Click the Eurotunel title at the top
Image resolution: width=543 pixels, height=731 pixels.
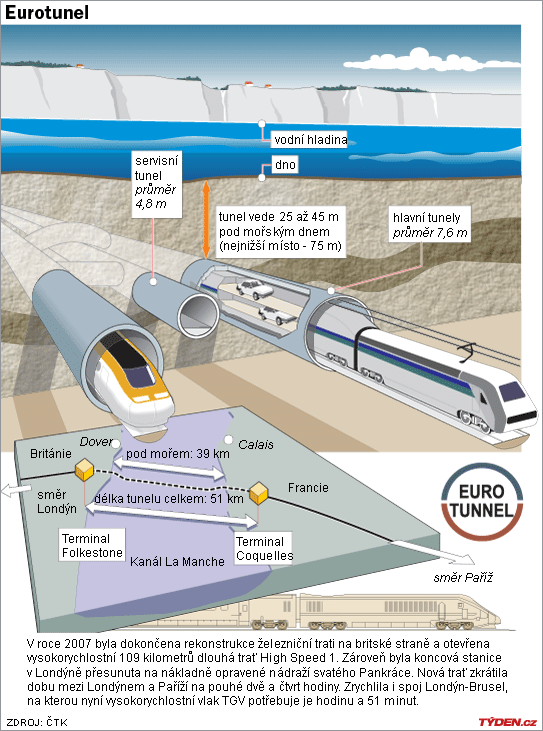click(47, 13)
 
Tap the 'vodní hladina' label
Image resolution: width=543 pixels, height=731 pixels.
click(310, 139)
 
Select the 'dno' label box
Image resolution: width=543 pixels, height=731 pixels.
click(285, 165)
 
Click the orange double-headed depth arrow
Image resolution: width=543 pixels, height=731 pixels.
click(206, 219)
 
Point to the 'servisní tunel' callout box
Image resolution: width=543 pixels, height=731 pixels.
click(156, 183)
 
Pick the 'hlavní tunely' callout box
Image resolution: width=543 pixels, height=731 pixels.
click(429, 225)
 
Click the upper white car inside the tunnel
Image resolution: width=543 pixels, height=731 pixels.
click(254, 289)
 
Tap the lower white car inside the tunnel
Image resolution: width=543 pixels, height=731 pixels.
click(277, 316)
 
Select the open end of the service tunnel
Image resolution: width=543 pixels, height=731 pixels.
click(199, 316)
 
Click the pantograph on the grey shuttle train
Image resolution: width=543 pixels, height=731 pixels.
click(467, 353)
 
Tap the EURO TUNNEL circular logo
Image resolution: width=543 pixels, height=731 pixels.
click(482, 502)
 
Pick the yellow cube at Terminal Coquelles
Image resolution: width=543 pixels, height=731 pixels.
click(258, 493)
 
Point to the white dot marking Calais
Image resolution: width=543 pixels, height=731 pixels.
click(228, 440)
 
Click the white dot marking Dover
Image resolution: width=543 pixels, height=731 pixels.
click(116, 444)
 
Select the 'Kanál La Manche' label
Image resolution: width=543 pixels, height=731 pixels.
click(177, 561)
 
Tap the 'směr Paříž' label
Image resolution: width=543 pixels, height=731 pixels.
click(463, 578)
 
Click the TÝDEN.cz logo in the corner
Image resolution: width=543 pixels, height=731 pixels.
click(507, 722)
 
